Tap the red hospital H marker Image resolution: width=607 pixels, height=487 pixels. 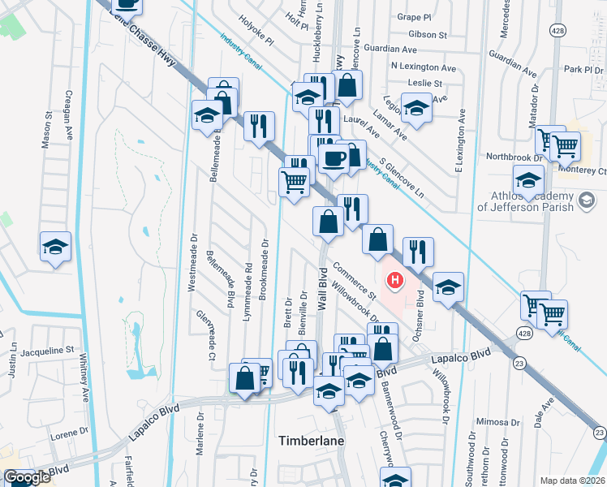(395, 282)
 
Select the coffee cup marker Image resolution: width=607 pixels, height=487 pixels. (333, 158)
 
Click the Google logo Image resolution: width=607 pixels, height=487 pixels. (27, 478)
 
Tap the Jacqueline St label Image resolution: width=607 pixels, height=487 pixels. (46, 351)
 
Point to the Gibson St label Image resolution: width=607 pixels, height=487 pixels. (428, 35)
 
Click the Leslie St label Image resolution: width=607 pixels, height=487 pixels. (426, 83)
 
